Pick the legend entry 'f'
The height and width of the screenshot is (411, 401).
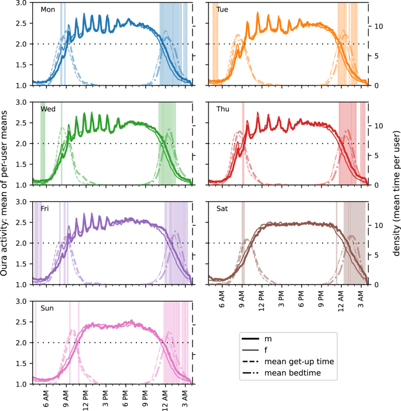267,350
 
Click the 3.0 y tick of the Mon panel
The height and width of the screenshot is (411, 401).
21,3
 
